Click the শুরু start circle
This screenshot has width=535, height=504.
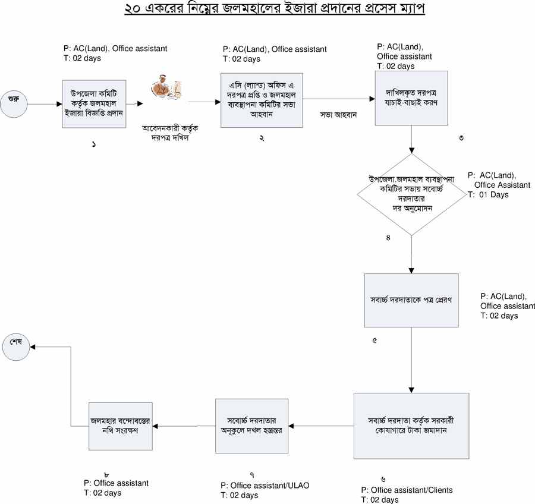[13, 105]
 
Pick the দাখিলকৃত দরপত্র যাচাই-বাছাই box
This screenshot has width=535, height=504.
[411, 98]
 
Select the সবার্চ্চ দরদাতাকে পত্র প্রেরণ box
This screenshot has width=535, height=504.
[411, 300]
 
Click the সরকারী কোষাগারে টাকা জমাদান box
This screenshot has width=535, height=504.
[411, 426]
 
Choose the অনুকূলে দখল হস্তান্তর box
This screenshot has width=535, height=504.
[251, 425]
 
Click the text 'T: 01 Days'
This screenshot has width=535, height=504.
[487, 194]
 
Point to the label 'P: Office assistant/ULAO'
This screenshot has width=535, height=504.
[265, 486]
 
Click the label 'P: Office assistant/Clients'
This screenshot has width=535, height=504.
[407, 490]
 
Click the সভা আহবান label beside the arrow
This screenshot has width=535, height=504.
[338, 115]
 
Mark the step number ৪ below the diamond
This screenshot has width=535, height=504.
[388, 238]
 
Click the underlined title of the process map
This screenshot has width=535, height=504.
[275, 10]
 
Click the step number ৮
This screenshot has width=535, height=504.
[105, 474]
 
